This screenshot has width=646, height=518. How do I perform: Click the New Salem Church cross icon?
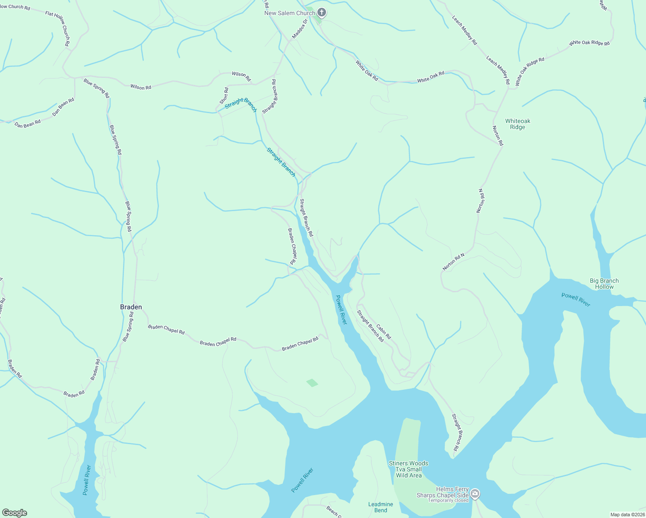(x=321, y=12)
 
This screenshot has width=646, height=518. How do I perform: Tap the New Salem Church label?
(x=290, y=13)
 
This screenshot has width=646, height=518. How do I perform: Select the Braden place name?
(x=131, y=307)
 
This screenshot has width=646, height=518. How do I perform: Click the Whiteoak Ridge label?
(x=517, y=124)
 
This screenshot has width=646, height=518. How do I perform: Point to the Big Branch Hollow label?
(x=604, y=284)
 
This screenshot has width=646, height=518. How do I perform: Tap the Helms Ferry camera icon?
(x=475, y=493)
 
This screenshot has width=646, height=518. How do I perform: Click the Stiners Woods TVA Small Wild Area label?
(x=408, y=469)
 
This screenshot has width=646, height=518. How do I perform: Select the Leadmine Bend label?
(x=380, y=507)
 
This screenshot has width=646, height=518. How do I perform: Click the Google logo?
(x=15, y=513)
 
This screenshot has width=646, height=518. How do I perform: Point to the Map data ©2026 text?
(x=627, y=515)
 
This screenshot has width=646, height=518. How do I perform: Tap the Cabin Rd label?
(x=383, y=332)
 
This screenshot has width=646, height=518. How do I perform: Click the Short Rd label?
(x=224, y=96)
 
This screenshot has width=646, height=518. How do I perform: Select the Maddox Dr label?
(x=300, y=29)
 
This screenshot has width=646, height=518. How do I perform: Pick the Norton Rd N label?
(x=453, y=262)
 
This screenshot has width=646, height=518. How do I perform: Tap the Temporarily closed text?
(x=448, y=501)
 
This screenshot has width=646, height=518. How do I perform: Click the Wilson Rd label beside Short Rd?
(x=241, y=76)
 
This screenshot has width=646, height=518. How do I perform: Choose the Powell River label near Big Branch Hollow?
(x=576, y=300)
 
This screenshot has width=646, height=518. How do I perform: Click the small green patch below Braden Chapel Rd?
(x=312, y=383)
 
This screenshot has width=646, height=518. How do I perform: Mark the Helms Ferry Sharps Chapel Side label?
(x=443, y=493)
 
